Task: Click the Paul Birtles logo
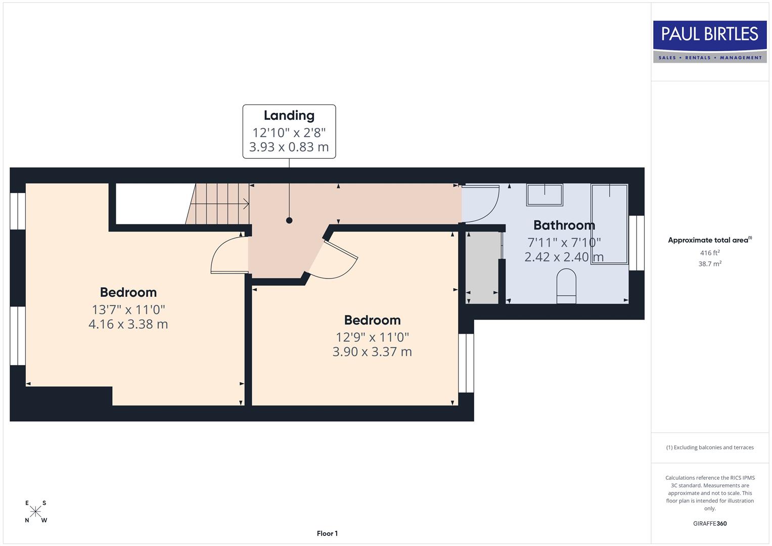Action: click(x=709, y=41)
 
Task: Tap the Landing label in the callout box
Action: click(x=289, y=116)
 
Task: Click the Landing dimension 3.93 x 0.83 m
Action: click(x=289, y=147)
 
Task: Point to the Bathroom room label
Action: click(x=564, y=225)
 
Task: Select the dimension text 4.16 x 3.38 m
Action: click(x=128, y=324)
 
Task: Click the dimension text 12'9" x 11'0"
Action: click(x=372, y=337)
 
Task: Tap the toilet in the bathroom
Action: click(x=566, y=286)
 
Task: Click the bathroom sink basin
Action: click(x=544, y=195)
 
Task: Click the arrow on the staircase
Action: click(x=246, y=204)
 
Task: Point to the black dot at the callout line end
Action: click(x=289, y=220)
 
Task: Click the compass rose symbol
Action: click(x=35, y=512)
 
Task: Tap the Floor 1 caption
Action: click(x=327, y=533)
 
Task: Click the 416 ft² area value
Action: click(x=709, y=253)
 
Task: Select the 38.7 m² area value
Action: click(x=709, y=264)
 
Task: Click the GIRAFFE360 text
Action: click(x=709, y=523)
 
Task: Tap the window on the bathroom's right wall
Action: click(x=637, y=243)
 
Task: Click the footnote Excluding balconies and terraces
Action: click(x=709, y=447)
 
